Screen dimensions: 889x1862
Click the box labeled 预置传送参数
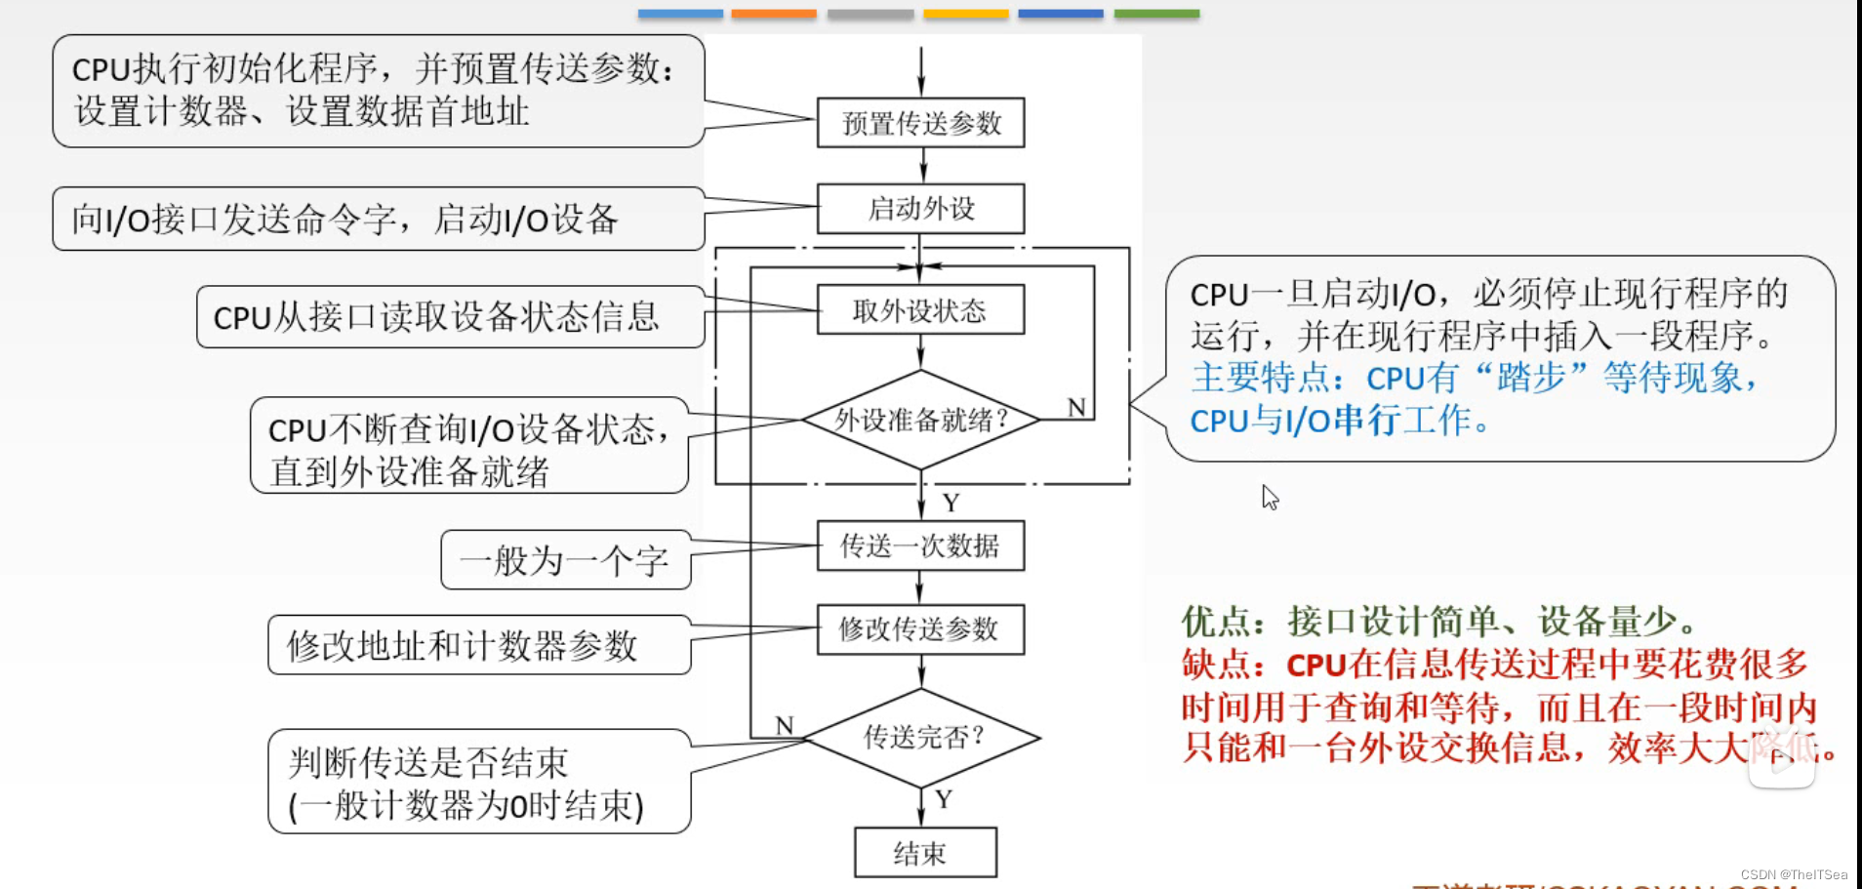point(920,123)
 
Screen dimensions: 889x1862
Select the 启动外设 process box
point(920,209)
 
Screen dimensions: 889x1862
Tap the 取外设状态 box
point(920,310)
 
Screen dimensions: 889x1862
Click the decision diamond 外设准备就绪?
point(920,420)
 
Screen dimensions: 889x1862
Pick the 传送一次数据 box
point(920,546)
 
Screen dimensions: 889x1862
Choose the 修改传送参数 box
point(920,629)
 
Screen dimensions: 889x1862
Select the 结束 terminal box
point(924,853)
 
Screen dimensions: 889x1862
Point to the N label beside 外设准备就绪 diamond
point(1076,407)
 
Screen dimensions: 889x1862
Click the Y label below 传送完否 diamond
point(944,799)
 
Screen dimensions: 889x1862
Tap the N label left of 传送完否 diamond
point(785,725)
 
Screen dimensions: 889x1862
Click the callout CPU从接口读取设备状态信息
point(437,317)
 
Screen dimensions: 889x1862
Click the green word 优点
point(1215,622)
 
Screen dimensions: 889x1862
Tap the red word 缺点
point(1215,665)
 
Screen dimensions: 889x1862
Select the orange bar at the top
point(773,14)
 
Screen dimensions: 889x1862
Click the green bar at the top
point(1156,14)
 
